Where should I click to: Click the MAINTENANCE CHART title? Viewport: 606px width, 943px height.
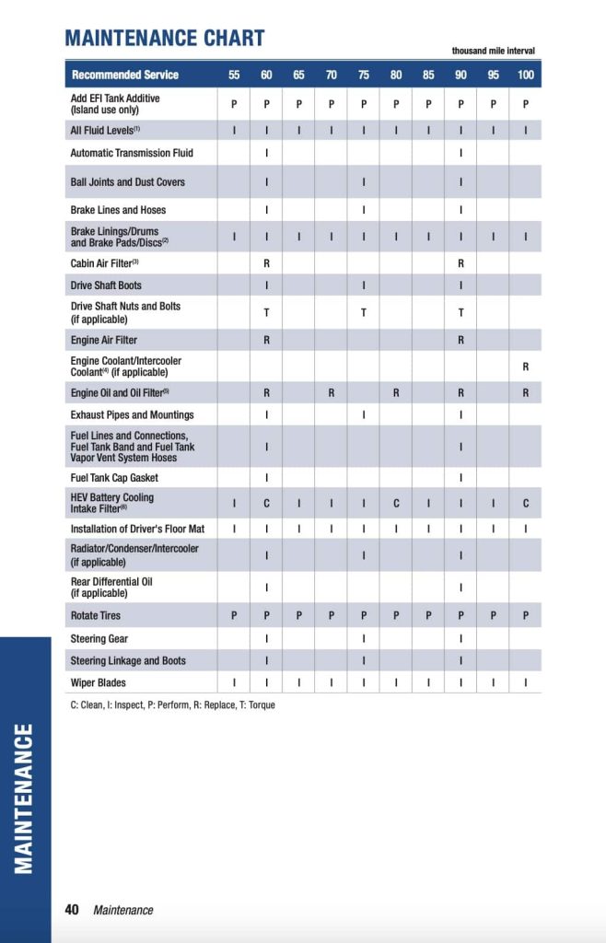click(164, 38)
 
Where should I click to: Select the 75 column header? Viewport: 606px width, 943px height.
click(364, 75)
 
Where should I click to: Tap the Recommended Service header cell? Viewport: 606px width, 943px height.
click(125, 75)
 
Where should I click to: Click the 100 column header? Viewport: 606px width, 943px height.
click(525, 75)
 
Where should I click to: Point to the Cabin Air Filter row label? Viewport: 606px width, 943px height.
click(104, 263)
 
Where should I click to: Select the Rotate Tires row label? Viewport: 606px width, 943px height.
click(96, 615)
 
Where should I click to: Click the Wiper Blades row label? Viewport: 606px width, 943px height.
click(99, 682)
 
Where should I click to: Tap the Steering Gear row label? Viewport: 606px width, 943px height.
click(99, 638)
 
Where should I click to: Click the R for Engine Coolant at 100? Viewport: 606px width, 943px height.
click(525, 367)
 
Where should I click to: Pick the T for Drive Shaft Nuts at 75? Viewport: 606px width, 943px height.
click(364, 312)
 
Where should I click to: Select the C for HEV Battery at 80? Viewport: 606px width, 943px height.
click(396, 503)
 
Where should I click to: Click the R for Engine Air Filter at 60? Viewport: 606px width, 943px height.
click(266, 340)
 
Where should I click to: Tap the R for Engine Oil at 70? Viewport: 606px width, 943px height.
click(331, 393)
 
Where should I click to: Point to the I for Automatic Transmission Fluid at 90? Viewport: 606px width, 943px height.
click(460, 153)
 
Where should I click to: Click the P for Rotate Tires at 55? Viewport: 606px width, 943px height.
click(234, 615)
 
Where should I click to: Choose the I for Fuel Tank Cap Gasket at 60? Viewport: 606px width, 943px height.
click(266, 478)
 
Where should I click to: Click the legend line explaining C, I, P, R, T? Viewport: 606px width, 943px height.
click(172, 705)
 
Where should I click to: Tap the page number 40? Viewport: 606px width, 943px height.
click(72, 910)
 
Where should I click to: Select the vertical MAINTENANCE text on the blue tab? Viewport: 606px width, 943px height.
click(25, 797)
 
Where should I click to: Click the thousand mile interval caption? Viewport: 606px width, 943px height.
click(493, 51)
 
